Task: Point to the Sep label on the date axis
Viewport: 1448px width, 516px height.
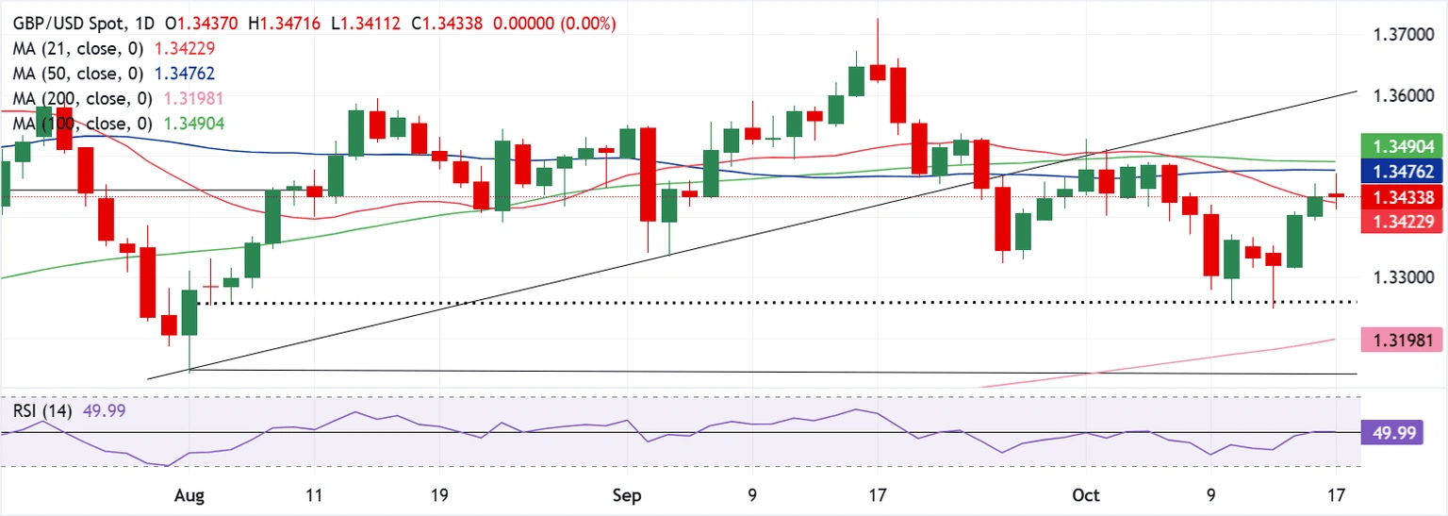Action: pyautogui.click(x=624, y=494)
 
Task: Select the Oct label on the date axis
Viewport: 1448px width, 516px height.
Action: pyautogui.click(x=1087, y=494)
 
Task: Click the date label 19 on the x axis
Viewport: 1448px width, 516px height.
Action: pyautogui.click(x=439, y=494)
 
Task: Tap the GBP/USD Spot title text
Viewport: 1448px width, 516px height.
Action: pyautogui.click(x=62, y=21)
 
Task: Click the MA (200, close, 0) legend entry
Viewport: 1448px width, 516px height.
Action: pyautogui.click(x=71, y=97)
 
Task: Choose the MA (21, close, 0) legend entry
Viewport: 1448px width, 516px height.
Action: pyautogui.click(x=67, y=46)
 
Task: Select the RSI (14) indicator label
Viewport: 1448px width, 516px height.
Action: pyautogui.click(x=42, y=410)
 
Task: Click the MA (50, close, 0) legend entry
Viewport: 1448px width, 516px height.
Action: pyautogui.click(x=67, y=72)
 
